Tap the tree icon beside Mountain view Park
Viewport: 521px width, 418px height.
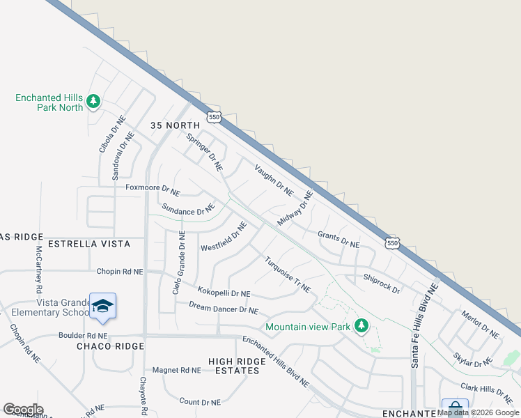tap(361, 326)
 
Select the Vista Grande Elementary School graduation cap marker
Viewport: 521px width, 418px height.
tap(102, 307)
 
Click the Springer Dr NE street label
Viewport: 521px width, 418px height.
tap(205, 151)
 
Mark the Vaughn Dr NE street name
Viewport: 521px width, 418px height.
tap(274, 180)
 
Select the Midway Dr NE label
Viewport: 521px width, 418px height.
tap(295, 208)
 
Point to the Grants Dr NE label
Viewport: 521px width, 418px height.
tap(339, 240)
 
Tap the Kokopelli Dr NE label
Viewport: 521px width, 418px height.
tap(224, 293)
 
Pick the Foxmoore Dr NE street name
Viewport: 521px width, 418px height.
tap(153, 188)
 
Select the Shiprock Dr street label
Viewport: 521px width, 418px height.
tap(381, 283)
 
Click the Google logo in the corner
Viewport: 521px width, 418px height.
tap(23, 410)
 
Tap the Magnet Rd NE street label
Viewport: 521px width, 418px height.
tap(176, 370)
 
